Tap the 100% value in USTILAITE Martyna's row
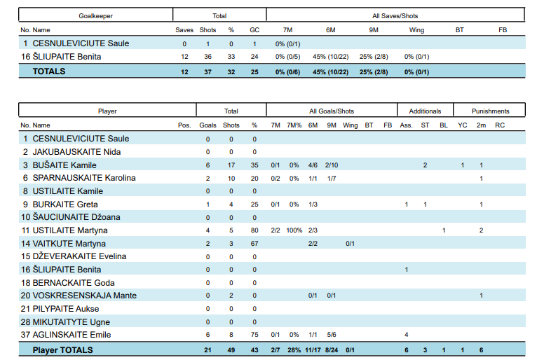pyautogui.click(x=294, y=230)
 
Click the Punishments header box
pyautogui.click(x=490, y=111)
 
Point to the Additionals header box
pyautogui.click(x=425, y=111)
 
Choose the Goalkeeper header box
pyautogui.click(x=95, y=15)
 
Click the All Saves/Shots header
pyautogui.click(x=395, y=15)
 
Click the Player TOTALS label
pyautogui.click(x=62, y=349)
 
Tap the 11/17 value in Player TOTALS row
pyautogui.click(x=313, y=349)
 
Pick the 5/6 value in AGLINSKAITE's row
pyautogui.click(x=332, y=335)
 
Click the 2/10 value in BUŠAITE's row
pyautogui.click(x=332, y=165)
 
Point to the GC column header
pyautogui.click(x=254, y=30)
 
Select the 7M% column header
pyautogui.click(x=294, y=125)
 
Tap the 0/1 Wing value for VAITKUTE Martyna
pyautogui.click(x=350, y=243)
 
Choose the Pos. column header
pyautogui.click(x=184, y=125)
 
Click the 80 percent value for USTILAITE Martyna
pyautogui.click(x=254, y=230)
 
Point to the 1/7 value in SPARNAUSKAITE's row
pyautogui.click(x=332, y=178)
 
